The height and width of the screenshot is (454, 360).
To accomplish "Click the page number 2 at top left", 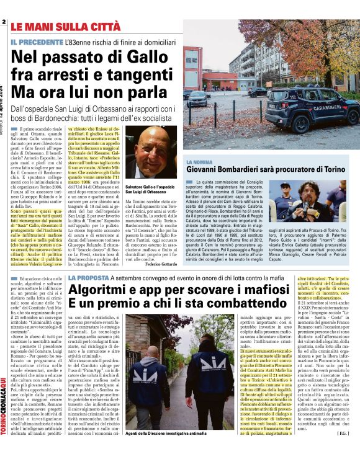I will click(4, 23).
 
